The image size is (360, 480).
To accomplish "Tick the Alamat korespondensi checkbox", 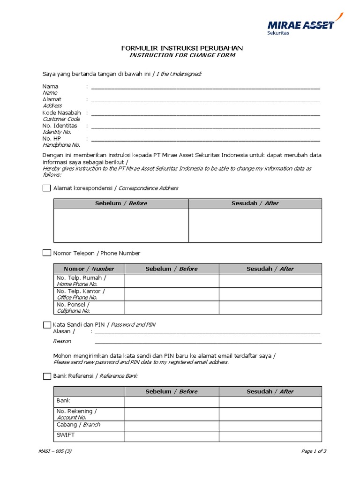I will [x=46, y=188].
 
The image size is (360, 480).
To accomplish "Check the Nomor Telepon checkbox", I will [x=46, y=253].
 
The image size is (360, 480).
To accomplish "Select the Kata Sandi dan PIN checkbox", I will [x=46, y=324].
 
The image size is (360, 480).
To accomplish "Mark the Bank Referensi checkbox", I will [x=46, y=376].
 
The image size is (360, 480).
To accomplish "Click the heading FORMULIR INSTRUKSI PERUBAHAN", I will [x=182, y=48].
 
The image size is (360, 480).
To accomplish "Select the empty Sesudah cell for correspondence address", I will [x=255, y=225].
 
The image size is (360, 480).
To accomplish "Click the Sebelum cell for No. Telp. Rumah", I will [x=172, y=281].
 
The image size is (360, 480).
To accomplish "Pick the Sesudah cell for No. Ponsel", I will [x=270, y=307].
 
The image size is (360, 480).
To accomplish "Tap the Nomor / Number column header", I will [x=89, y=269].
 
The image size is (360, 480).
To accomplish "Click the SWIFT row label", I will [x=66, y=435].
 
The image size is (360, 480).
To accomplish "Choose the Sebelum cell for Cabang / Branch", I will [x=172, y=426].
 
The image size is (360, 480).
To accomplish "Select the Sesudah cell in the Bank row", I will [x=270, y=402].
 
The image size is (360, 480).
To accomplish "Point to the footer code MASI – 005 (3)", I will [x=55, y=451].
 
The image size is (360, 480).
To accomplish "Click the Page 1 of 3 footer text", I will [x=314, y=451].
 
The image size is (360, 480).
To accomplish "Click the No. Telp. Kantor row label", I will [x=81, y=294].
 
